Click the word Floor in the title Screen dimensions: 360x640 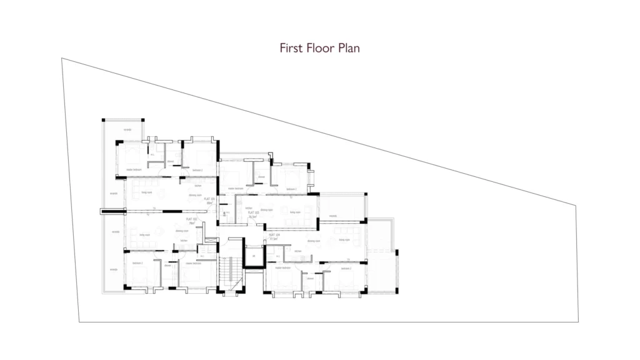(319, 48)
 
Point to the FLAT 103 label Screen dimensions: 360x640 (253, 213)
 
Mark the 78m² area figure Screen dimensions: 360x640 (192, 223)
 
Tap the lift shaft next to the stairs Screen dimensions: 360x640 (254, 256)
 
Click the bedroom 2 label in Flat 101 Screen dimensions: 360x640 (198, 170)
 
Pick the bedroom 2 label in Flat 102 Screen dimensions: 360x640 (137, 263)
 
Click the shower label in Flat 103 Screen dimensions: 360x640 (261, 177)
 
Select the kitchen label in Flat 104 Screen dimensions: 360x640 (298, 252)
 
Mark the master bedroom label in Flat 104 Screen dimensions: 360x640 (283, 267)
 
